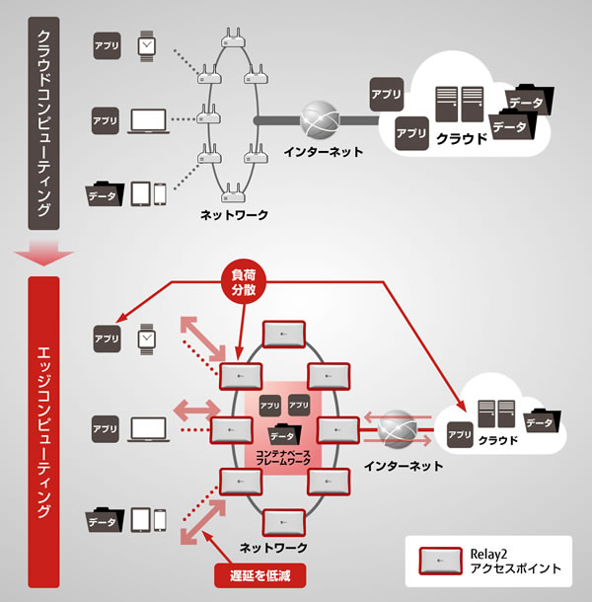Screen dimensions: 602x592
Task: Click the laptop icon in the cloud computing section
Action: (147, 121)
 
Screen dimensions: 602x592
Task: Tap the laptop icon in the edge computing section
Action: (147, 428)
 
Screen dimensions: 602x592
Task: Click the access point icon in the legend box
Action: (442, 561)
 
